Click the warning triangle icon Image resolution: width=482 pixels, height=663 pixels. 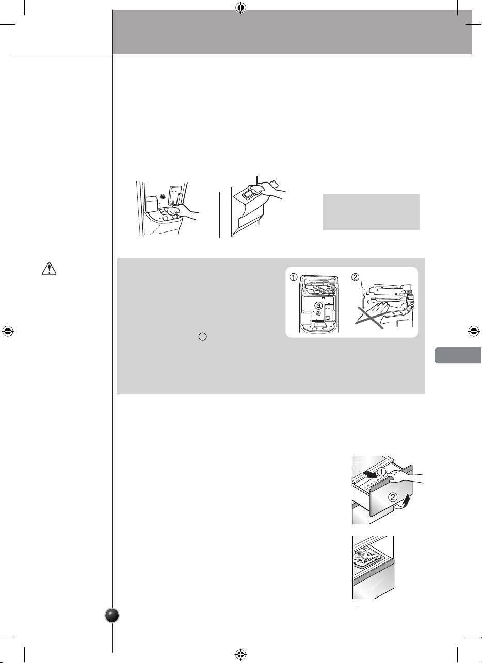49,269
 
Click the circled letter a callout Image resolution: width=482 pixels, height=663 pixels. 318,305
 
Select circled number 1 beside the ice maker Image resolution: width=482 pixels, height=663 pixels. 293,277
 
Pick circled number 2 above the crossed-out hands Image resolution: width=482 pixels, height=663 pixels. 355,277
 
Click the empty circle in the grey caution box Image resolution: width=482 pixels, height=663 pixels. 203,337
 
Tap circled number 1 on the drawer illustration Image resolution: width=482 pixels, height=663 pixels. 382,472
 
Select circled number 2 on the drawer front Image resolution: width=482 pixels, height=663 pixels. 393,497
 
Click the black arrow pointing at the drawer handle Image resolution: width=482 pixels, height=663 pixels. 370,475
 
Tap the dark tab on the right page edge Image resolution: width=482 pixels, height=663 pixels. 458,356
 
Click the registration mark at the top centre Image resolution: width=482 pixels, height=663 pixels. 241,8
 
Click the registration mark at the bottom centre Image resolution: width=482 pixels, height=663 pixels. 241,654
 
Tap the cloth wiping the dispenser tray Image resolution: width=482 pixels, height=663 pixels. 172,211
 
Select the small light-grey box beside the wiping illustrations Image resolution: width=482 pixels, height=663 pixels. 371,212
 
